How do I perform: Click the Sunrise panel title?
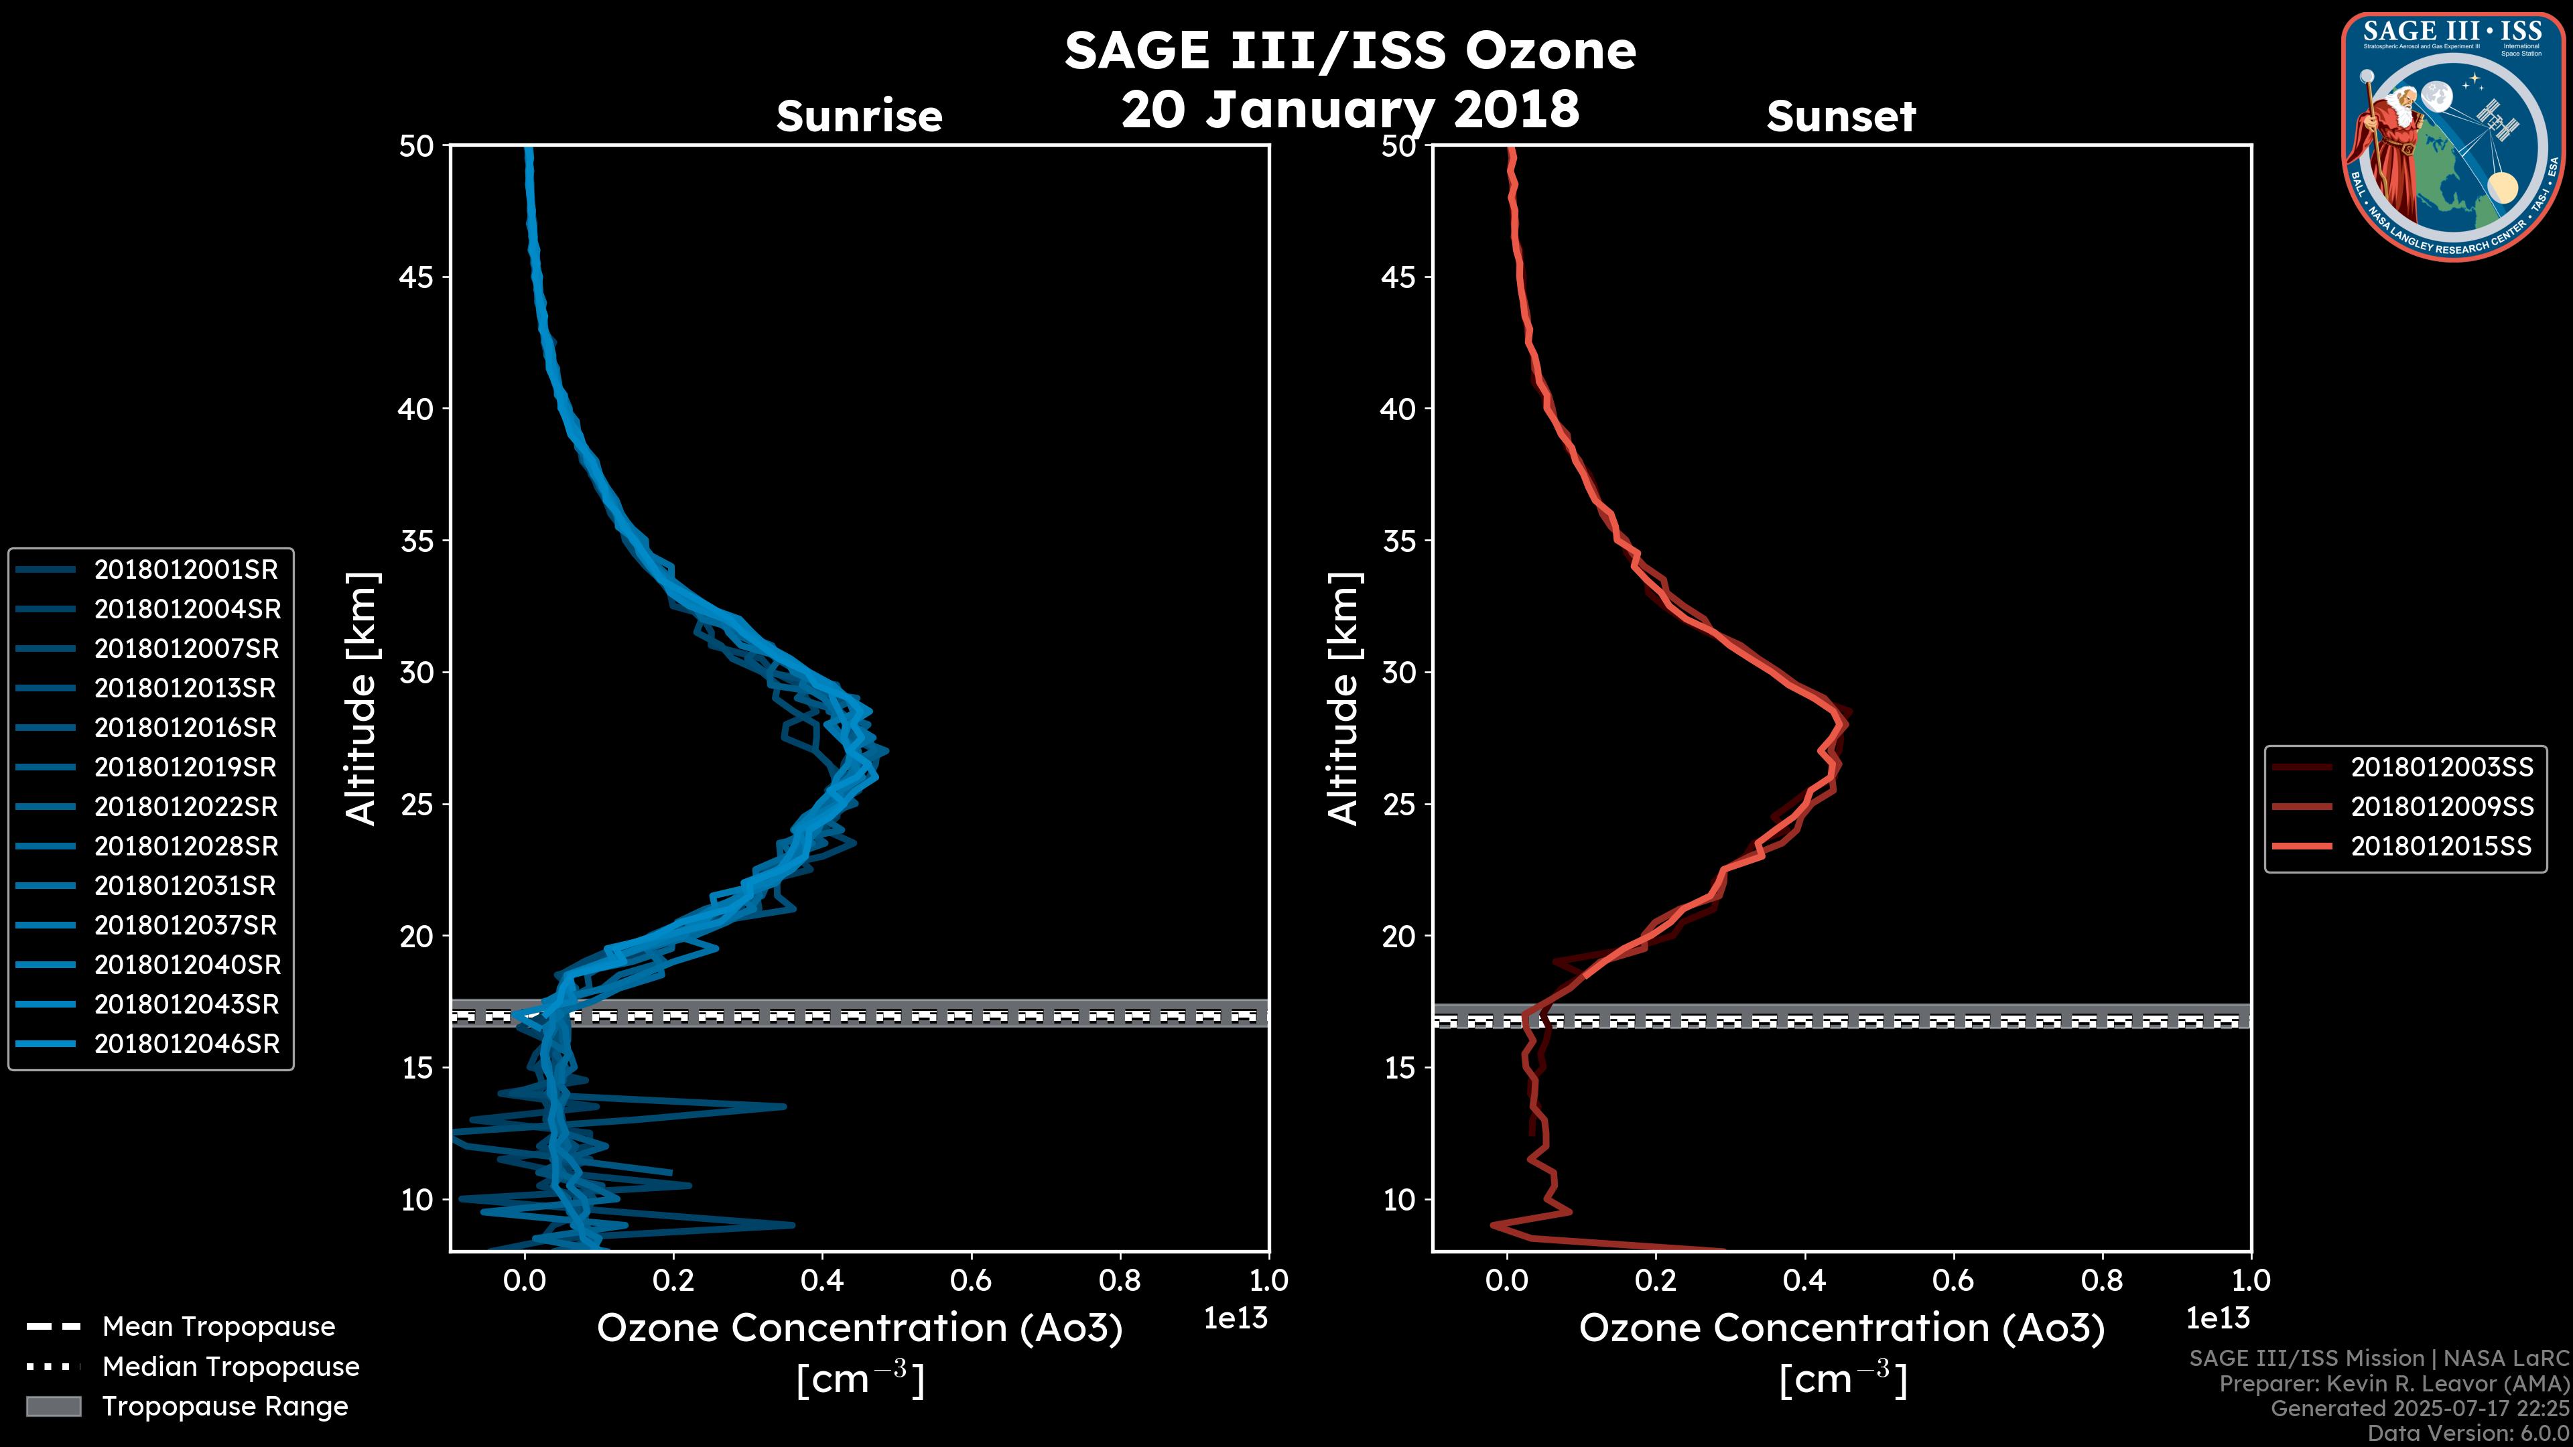859,117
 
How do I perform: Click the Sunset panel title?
1841,117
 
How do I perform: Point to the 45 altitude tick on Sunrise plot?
417,277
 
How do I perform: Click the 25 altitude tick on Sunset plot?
1399,805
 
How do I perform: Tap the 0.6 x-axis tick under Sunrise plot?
971,1280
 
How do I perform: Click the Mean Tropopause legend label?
218,1327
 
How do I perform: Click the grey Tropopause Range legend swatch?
53,1407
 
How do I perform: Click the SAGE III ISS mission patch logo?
2452,137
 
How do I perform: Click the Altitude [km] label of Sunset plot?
1343,699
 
